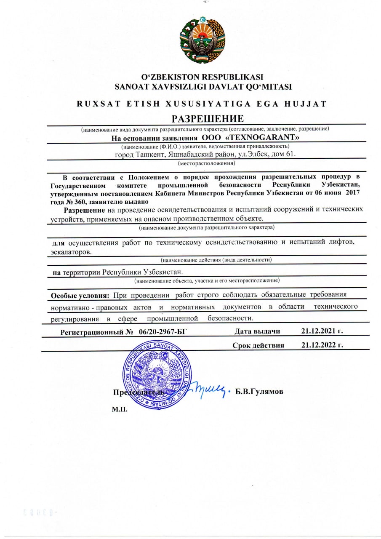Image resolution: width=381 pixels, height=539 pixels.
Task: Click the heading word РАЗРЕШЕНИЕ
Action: [208, 118]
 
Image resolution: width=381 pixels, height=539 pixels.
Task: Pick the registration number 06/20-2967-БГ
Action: [162, 332]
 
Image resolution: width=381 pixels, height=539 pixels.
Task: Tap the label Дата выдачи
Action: [257, 331]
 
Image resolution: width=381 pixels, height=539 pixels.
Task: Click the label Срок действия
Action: [258, 346]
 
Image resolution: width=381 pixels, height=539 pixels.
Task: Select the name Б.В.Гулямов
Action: [259, 392]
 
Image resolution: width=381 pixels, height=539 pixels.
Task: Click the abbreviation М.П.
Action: [120, 409]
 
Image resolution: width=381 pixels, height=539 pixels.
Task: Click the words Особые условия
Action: [80, 296]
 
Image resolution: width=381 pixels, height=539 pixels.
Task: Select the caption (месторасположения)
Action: [206, 163]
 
